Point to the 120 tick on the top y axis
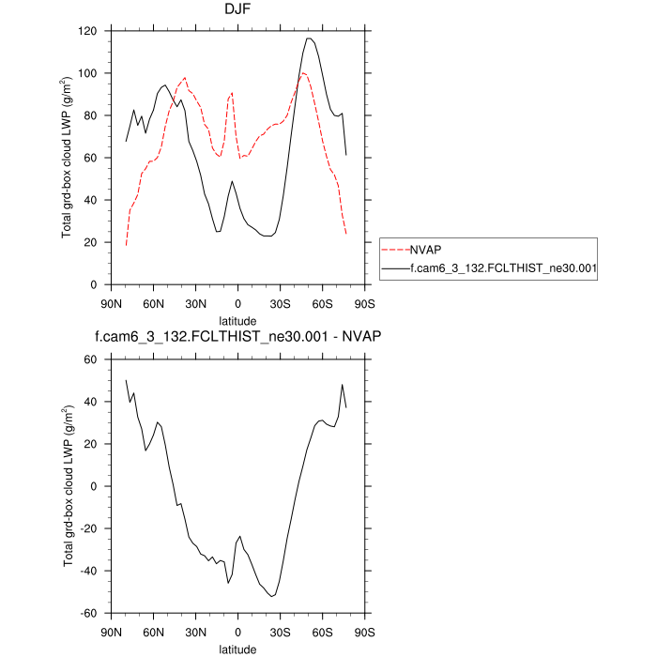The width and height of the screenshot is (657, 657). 87,31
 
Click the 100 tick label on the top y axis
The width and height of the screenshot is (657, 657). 87,73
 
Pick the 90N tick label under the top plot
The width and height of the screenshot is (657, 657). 111,303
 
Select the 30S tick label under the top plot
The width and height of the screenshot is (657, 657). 280,303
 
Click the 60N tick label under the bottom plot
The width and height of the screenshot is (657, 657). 153,632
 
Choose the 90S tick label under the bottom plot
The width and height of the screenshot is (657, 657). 364,632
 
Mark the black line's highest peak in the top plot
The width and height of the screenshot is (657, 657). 309,38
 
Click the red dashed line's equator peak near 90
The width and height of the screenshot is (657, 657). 232,93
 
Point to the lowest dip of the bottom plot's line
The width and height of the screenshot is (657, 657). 272,596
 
